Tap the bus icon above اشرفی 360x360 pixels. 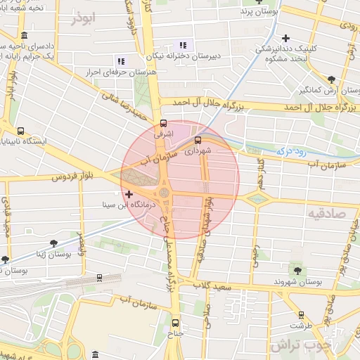tap(164, 123)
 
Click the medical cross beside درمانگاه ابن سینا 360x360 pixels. tap(128, 194)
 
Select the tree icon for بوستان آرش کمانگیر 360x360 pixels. tap(331, 79)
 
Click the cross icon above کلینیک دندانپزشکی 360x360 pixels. tap(285, 38)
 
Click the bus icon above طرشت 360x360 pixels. tap(302, 315)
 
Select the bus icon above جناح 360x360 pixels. tap(176, 323)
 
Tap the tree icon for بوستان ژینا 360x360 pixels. tap(53, 243)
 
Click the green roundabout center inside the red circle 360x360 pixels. tap(165, 192)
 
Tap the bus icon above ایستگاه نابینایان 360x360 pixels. tap(20, 131)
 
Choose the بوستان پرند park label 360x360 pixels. tap(259, 12)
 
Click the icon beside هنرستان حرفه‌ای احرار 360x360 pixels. tap(121, 61)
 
